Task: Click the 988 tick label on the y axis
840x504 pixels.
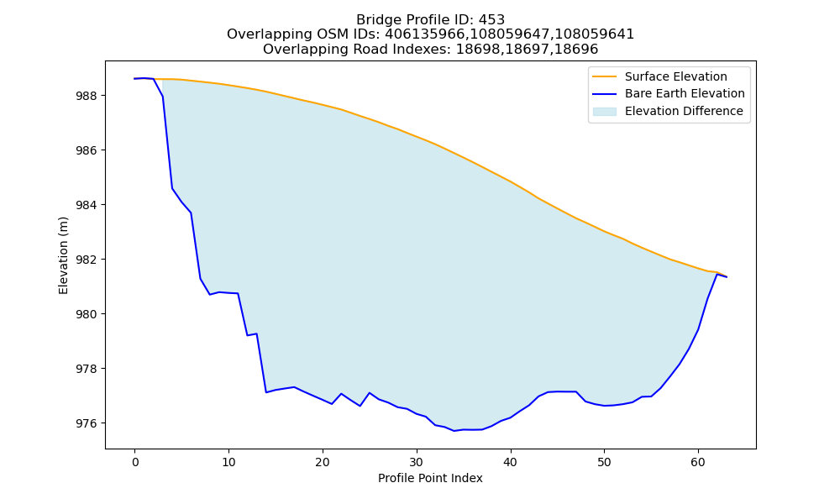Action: pyautogui.click(x=87, y=97)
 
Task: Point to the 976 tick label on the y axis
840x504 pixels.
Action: pyautogui.click(x=87, y=423)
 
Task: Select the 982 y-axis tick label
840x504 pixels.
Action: pyautogui.click(x=87, y=260)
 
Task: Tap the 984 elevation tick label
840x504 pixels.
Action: pyautogui.click(x=87, y=205)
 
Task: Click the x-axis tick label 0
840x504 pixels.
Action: pyautogui.click(x=135, y=462)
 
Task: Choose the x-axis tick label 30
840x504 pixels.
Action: pyautogui.click(x=417, y=462)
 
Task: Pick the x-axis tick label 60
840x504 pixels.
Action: pyautogui.click(x=698, y=462)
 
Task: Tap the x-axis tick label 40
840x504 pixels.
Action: pyautogui.click(x=511, y=462)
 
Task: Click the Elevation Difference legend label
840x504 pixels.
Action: pyautogui.click(x=684, y=111)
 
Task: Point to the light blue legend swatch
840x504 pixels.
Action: pyautogui.click(x=604, y=112)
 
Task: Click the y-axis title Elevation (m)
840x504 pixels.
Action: pyautogui.click(x=63, y=255)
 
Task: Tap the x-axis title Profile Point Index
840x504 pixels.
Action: pyautogui.click(x=430, y=478)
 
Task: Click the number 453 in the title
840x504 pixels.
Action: pyautogui.click(x=491, y=20)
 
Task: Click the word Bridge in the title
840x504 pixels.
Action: pyautogui.click(x=374, y=20)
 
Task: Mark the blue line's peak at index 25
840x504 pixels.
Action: pyautogui.click(x=369, y=392)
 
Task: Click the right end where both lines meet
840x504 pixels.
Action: pyautogui.click(x=727, y=277)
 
